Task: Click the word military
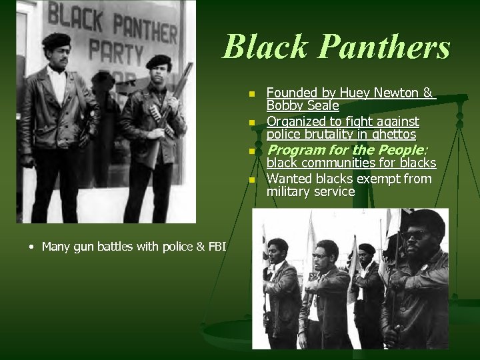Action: point(291,191)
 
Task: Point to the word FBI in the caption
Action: point(215,247)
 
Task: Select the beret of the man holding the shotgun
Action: point(159,61)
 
